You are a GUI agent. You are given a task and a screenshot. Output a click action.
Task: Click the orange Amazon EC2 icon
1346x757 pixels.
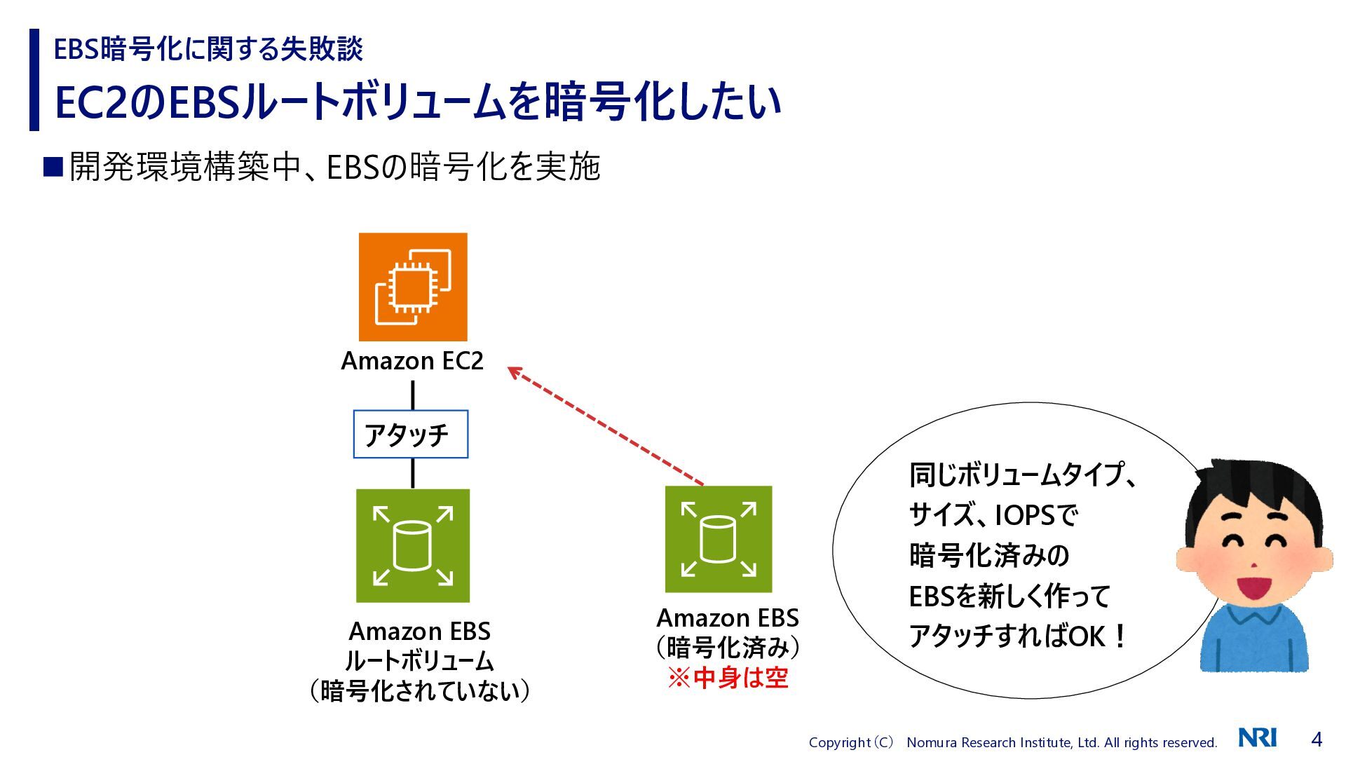413,287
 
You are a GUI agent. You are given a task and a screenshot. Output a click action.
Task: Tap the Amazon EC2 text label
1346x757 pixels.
412,361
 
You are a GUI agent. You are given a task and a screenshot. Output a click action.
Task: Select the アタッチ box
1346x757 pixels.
410,435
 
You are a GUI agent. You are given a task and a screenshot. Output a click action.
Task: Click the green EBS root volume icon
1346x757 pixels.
413,546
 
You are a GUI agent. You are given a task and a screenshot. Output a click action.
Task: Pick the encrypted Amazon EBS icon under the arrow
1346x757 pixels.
719,539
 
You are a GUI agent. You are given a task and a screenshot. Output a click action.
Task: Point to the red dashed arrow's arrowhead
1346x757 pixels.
515,371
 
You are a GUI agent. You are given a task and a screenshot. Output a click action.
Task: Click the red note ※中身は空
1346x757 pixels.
728,678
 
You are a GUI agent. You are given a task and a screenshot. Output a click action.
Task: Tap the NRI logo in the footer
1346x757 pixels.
1258,738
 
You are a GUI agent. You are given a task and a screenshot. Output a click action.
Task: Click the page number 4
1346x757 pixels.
1317,739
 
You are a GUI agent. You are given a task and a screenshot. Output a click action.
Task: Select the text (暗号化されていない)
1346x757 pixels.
419,691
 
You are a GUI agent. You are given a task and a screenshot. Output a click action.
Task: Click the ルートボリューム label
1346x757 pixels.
419,661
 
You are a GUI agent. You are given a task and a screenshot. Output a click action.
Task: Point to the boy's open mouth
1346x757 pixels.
1254,587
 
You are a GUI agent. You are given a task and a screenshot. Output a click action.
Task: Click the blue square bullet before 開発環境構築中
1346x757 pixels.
53,167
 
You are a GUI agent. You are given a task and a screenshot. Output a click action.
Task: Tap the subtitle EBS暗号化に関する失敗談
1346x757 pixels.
208,49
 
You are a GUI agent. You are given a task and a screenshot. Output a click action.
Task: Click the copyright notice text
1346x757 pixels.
1012,742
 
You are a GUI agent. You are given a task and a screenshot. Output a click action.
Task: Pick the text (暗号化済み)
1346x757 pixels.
728,648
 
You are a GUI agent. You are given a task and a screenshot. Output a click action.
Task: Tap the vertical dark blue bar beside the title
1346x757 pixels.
34,80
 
